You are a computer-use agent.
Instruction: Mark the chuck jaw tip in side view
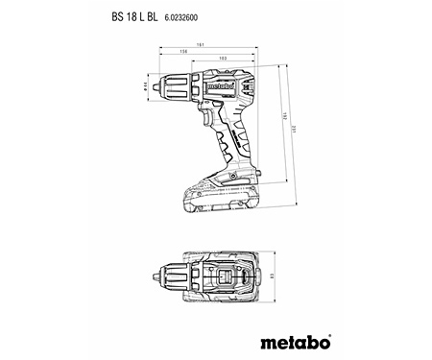[162, 86]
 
